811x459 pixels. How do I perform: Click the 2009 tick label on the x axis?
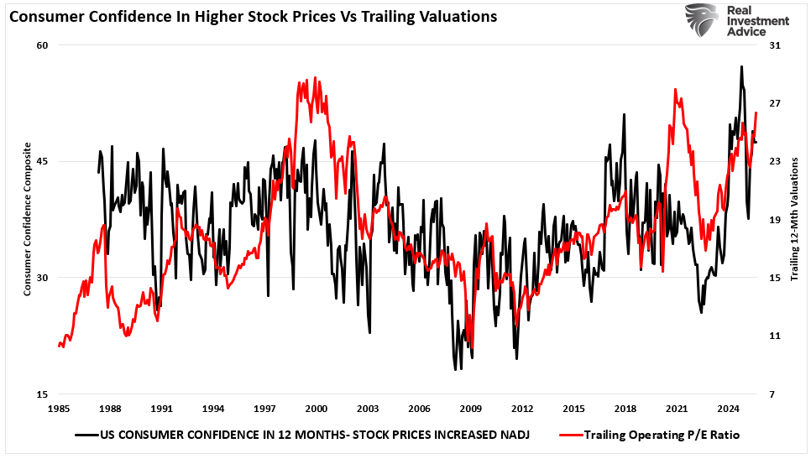[470, 409]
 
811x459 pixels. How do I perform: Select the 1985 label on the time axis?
[59, 409]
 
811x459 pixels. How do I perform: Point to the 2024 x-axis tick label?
[728, 409]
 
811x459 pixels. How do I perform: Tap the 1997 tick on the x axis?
[264, 409]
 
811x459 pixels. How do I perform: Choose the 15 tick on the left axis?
[39, 394]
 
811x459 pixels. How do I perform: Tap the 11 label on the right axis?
[775, 336]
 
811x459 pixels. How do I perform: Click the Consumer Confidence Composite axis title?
[27, 220]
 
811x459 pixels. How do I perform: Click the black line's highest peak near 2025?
[741, 66]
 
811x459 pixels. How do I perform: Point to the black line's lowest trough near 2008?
[455, 369]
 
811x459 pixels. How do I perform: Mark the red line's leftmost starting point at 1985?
[59, 345]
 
